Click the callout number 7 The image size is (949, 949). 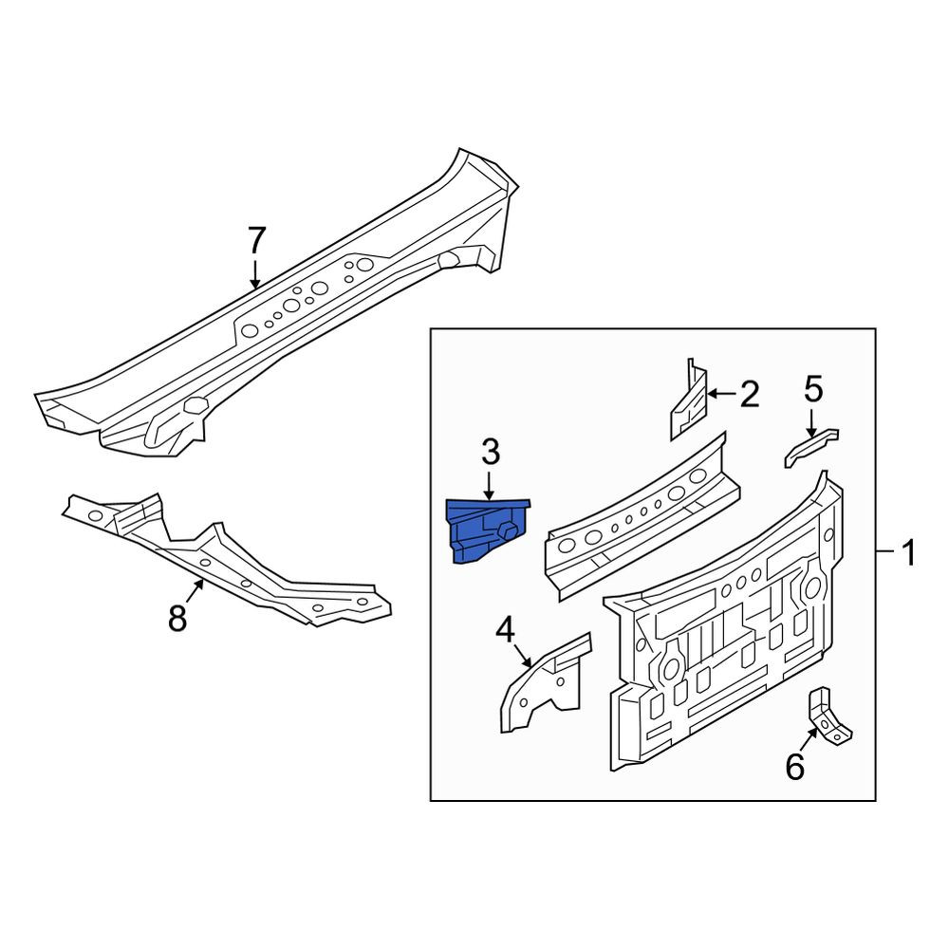coord(256,241)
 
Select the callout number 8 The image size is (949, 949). coord(177,619)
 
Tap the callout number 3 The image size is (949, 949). coord(490,454)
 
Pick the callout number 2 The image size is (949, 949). coord(750,395)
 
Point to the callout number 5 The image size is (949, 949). coord(813,388)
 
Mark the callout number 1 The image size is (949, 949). coord(908,552)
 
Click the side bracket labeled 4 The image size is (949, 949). coord(542,682)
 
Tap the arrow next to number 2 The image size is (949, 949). coord(721,394)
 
